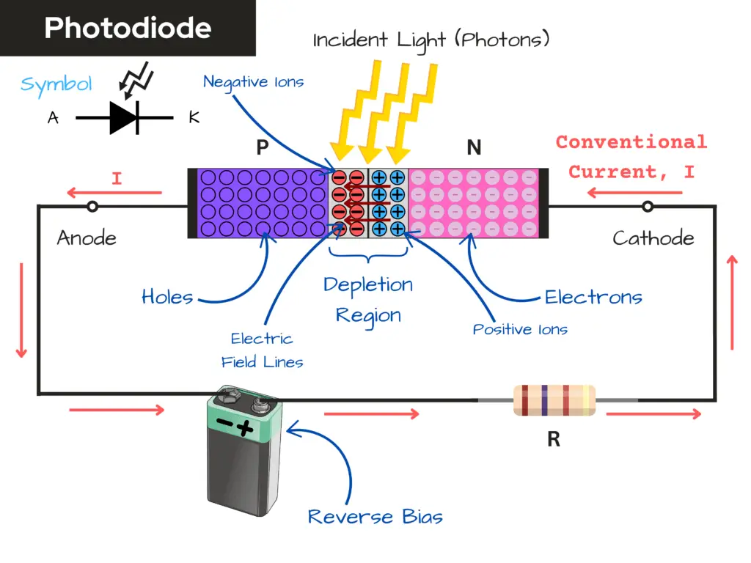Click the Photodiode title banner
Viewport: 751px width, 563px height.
coord(128,28)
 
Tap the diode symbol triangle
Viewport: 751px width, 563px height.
coord(122,117)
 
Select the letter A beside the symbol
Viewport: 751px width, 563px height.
coord(53,117)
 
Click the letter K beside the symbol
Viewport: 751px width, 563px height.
coord(194,117)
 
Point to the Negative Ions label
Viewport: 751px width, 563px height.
coord(253,81)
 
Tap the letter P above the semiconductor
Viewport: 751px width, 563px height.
coord(262,148)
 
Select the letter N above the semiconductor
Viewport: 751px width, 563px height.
coord(474,148)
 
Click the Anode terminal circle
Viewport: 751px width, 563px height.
coord(92,207)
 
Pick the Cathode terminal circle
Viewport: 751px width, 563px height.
coord(648,207)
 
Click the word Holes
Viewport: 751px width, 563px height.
coord(167,297)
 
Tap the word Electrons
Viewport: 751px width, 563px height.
coord(593,297)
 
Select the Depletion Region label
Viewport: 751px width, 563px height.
coord(368,300)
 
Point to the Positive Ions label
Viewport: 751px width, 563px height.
coord(520,329)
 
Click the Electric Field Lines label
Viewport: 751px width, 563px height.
coord(262,350)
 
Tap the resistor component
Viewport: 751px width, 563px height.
coord(554,400)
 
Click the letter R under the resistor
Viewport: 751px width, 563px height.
coord(554,439)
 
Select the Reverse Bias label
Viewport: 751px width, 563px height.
coord(375,516)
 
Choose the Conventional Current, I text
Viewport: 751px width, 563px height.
coord(631,156)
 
